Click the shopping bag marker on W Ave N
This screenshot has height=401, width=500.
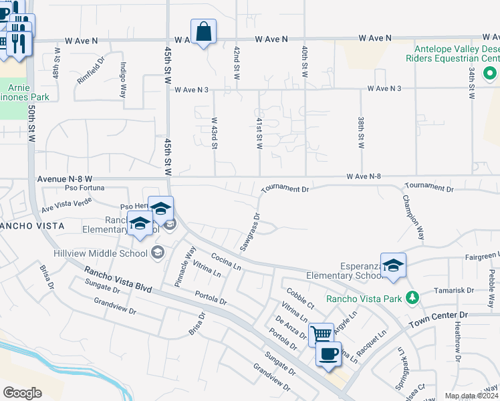[x=203, y=31]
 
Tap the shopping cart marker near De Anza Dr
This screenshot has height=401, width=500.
[x=322, y=333]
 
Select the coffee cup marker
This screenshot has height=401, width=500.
[x=328, y=354]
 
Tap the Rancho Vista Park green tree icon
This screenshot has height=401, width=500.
[x=413, y=297]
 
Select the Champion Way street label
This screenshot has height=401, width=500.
[x=413, y=217]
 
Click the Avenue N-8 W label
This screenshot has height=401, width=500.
[x=65, y=179]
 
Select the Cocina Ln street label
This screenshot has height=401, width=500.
[x=226, y=261]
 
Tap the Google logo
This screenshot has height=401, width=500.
[x=22, y=393]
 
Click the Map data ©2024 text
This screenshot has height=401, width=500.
[x=471, y=396]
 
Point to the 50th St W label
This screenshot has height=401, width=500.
[x=31, y=124]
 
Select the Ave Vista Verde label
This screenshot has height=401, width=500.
[x=66, y=205]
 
